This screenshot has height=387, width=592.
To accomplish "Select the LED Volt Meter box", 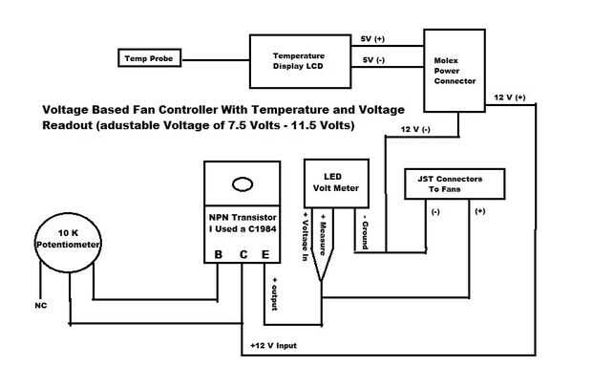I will click(x=333, y=182).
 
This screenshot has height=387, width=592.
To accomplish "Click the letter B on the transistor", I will click(x=219, y=255).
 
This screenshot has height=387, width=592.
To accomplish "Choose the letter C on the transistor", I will click(x=243, y=255).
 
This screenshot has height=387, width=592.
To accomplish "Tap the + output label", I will click(x=276, y=292).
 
